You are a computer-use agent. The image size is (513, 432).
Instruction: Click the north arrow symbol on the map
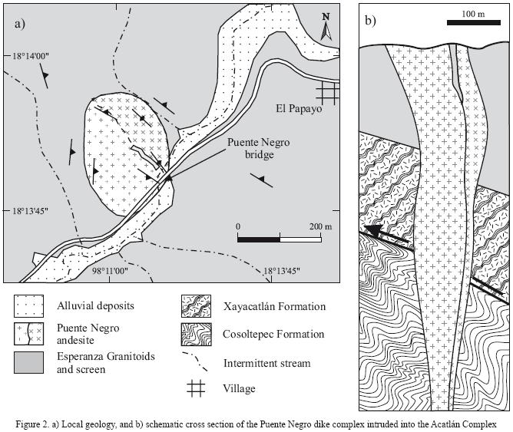point(326,27)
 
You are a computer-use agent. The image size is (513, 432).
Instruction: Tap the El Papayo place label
point(300,109)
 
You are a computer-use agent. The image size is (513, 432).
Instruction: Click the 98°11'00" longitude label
point(110,270)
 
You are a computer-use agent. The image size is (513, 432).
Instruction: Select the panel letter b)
point(370,21)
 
